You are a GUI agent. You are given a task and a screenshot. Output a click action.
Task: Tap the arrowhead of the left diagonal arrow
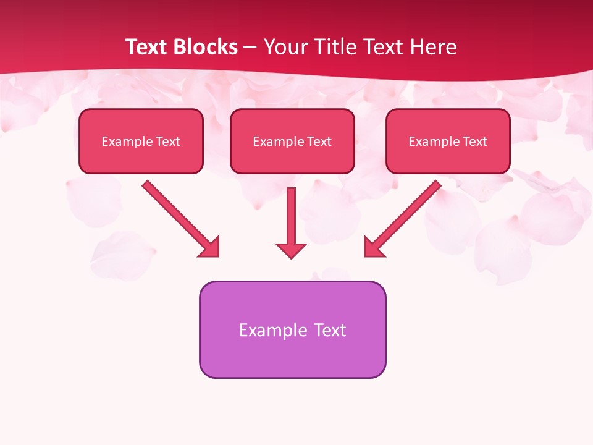210,247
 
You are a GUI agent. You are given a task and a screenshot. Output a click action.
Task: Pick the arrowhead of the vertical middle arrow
291,250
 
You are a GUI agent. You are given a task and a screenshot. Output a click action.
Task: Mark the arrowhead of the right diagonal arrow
373,247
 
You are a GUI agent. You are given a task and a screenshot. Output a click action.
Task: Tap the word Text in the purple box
330,330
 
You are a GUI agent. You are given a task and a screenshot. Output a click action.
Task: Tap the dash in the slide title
250,47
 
